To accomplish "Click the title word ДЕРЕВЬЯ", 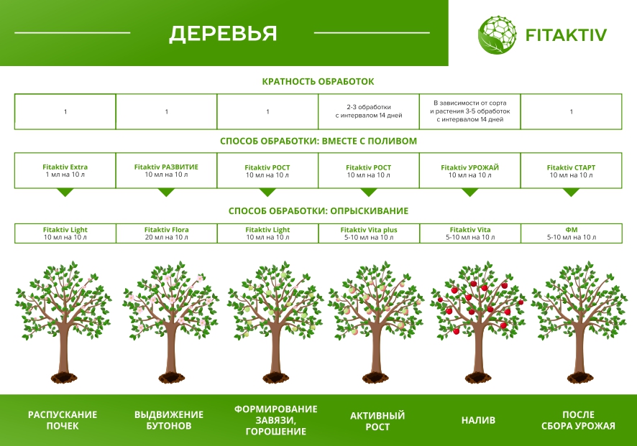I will point(223,34).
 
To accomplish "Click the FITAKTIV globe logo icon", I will point(498,34).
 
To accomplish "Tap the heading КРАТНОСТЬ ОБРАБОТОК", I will point(318,82).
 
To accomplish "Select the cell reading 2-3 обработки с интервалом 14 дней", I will point(368,111).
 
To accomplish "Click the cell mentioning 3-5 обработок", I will point(469,111).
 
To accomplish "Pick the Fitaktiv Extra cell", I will point(65,171).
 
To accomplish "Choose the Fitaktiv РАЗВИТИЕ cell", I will point(166,171).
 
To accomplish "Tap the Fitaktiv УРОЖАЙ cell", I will point(469,171).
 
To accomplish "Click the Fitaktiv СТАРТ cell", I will point(571,171).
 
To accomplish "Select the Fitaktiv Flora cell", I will point(166,233).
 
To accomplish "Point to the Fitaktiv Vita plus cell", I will point(368,233).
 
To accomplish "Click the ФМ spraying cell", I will point(571,233).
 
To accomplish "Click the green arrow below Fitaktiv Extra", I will point(65,192).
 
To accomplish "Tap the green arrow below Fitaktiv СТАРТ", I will point(571,192).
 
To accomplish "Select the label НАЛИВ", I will point(478,420).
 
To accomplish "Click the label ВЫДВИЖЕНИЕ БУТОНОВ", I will point(169,420).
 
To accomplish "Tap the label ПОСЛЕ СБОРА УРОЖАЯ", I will point(578,420).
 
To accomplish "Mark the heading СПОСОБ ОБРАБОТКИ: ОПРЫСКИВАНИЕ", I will point(318,211).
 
